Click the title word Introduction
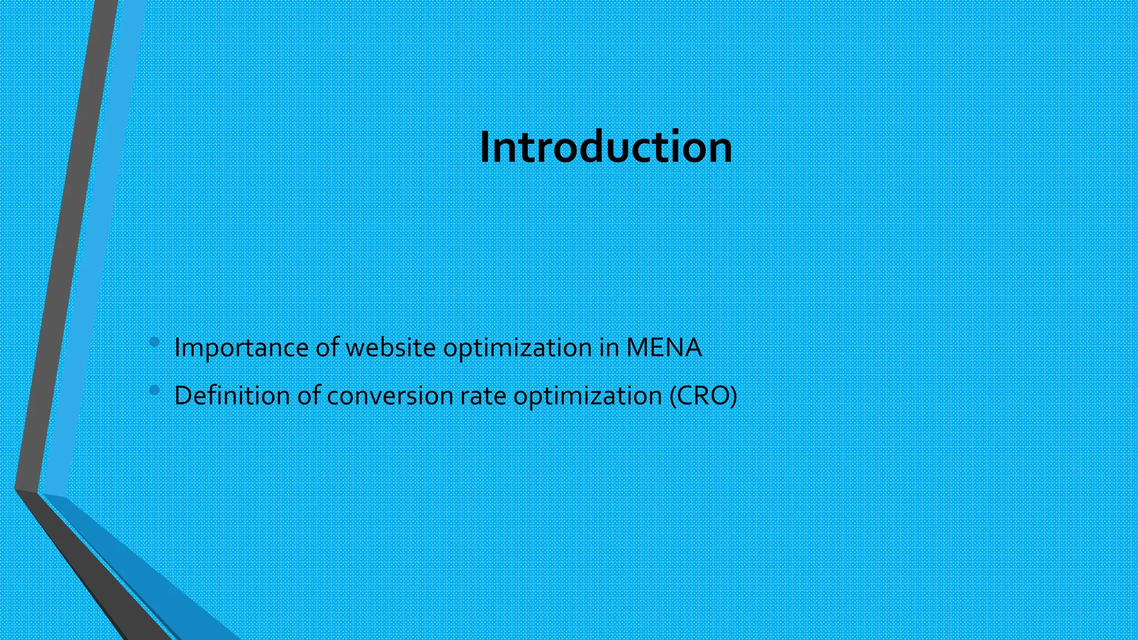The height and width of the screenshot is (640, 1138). click(606, 147)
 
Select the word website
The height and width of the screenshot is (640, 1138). click(391, 347)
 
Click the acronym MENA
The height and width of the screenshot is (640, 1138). click(663, 347)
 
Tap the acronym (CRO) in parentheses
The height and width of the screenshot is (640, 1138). click(703, 396)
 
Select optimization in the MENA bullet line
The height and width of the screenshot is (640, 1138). click(517, 348)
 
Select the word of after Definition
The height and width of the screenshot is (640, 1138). click(309, 396)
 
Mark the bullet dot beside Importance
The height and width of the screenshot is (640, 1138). click(154, 342)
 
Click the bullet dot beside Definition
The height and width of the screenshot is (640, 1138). click(154, 391)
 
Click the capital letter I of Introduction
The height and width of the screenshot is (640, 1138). click(485, 147)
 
